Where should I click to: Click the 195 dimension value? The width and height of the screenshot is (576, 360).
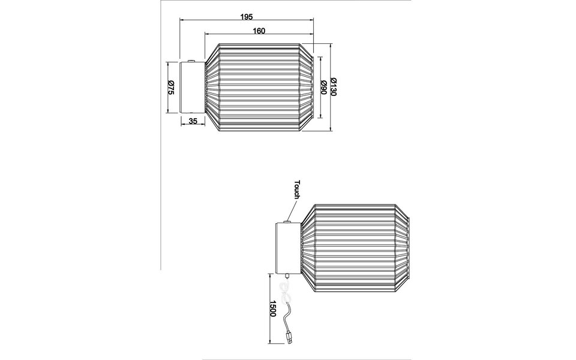point(246,16)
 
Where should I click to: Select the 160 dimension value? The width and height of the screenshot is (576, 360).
point(259,30)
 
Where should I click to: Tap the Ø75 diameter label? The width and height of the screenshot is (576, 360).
point(170,88)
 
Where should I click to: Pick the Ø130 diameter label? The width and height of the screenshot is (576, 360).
point(334,88)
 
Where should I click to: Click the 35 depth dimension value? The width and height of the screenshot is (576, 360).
point(193,121)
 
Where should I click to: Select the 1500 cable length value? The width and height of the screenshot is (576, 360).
point(272,309)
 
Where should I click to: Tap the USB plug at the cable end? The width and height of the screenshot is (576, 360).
point(289,340)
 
